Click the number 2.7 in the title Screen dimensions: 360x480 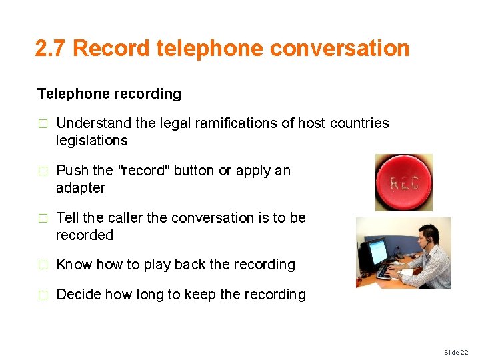coord(51,49)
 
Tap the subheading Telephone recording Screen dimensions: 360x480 coord(109,94)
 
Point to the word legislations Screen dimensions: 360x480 coord(91,141)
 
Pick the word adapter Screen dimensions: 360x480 coord(81,188)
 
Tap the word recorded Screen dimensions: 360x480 coord(85,235)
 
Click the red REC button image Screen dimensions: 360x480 coord(403,183)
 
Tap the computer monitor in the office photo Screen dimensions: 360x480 coord(376,252)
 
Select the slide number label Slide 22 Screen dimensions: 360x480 coord(455,352)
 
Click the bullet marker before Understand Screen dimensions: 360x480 coord(43,123)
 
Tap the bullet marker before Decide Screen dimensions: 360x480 coord(43,295)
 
